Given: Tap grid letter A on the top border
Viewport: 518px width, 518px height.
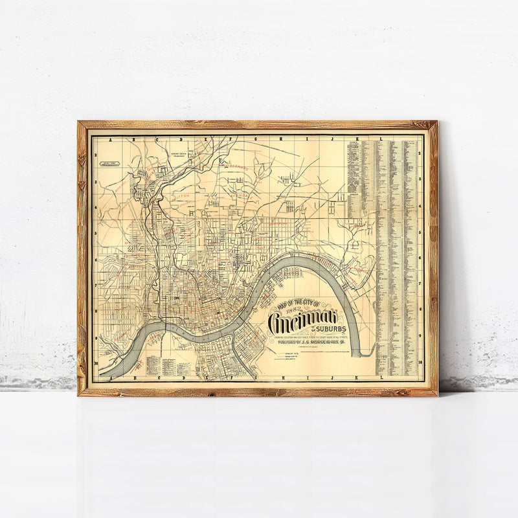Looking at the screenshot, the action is [111, 140].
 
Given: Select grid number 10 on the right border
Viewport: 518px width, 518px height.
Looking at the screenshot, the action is [420, 363].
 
